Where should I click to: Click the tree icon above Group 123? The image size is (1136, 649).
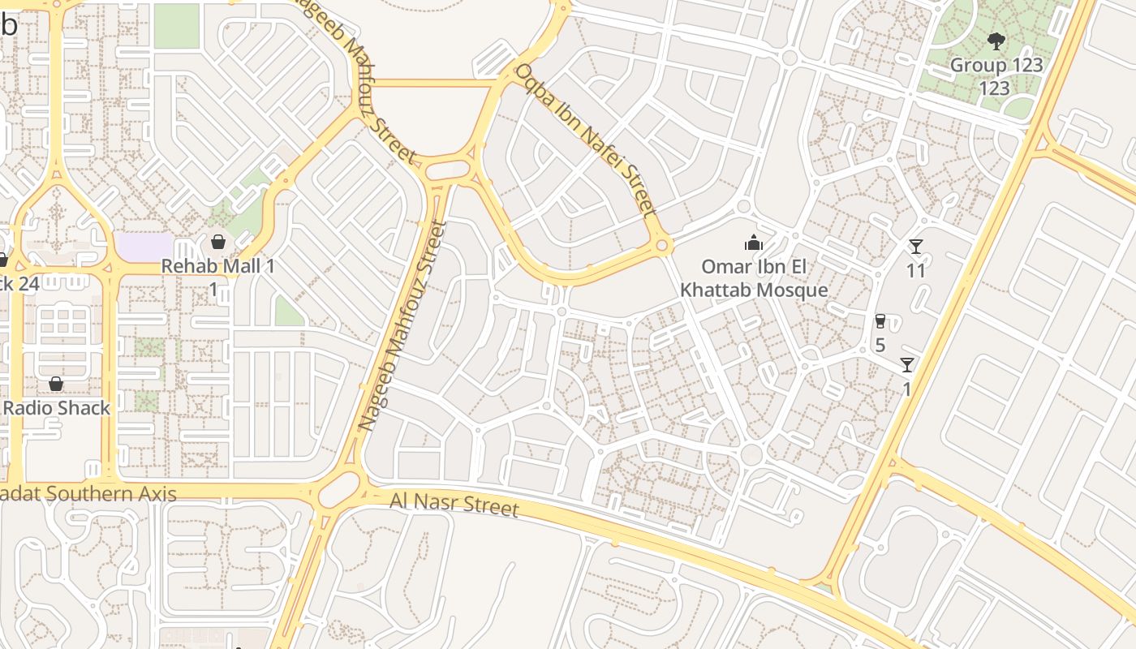click(x=996, y=41)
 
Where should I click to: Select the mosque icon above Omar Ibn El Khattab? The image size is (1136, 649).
click(x=754, y=242)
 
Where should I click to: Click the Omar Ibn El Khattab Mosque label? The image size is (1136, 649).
click(x=754, y=278)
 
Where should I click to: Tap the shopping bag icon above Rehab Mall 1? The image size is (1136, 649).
click(x=217, y=241)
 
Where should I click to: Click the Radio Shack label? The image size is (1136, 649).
click(x=57, y=408)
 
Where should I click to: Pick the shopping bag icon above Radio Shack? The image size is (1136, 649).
click(x=56, y=383)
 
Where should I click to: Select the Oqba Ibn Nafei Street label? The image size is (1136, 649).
click(x=586, y=140)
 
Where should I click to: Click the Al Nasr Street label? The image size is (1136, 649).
click(x=454, y=504)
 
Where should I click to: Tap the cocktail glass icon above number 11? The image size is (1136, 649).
click(x=916, y=247)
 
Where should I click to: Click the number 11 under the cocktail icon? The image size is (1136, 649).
click(x=916, y=270)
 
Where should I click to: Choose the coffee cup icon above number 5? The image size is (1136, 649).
click(x=880, y=321)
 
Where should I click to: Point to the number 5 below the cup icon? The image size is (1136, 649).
click(x=880, y=345)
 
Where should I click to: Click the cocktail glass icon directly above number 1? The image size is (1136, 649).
click(x=907, y=365)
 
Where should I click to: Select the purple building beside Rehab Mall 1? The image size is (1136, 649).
click(x=144, y=247)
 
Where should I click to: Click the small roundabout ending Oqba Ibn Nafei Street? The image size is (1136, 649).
click(x=662, y=244)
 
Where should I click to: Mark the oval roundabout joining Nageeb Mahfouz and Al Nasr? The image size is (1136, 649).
click(x=340, y=488)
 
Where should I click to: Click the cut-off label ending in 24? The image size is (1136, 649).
click(x=18, y=284)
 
